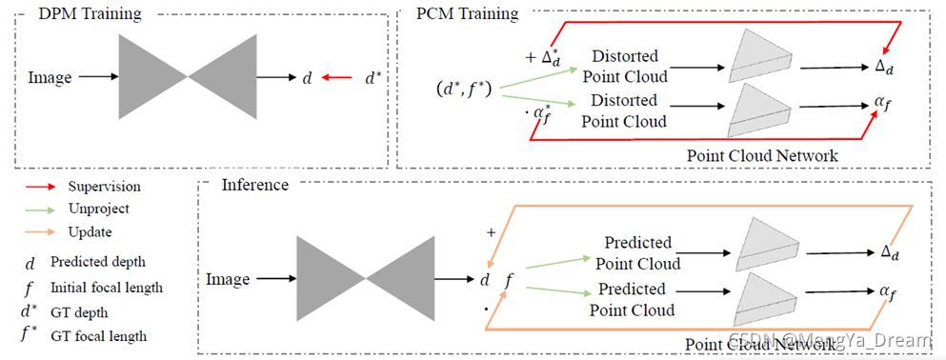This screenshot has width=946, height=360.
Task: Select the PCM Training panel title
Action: [x=467, y=13]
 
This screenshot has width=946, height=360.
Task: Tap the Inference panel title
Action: [x=254, y=184]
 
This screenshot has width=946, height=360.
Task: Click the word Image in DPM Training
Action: [x=50, y=77]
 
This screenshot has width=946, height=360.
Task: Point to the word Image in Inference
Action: [x=228, y=279]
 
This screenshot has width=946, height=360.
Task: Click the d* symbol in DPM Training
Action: [x=373, y=78]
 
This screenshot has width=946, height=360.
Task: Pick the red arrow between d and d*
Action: [x=337, y=78]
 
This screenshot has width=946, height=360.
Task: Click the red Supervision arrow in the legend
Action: [x=40, y=188]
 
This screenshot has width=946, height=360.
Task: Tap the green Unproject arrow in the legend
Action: [x=40, y=210]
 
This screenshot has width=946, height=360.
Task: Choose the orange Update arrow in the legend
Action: [x=40, y=232]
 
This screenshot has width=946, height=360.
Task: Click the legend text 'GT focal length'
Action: [x=99, y=336]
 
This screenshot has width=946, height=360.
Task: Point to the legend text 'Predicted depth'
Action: [x=98, y=262]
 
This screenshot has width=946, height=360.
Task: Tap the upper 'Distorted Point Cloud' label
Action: [x=624, y=67]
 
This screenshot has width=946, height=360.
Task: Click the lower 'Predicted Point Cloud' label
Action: [x=632, y=299]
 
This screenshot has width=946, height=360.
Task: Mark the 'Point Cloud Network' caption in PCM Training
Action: [x=762, y=155]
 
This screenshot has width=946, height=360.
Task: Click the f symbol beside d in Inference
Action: [x=508, y=281]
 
